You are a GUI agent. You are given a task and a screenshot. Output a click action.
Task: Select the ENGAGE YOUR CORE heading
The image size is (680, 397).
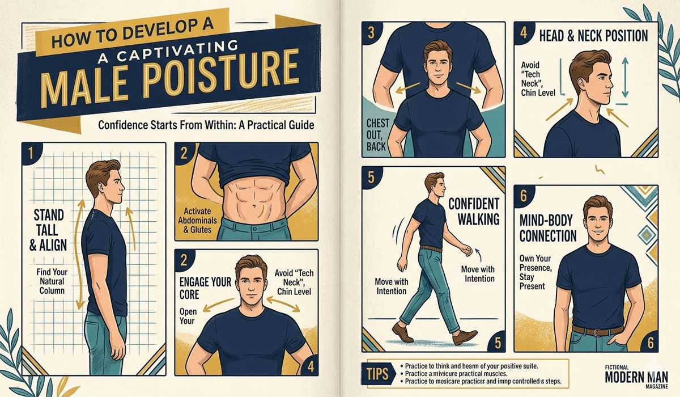point(199,289)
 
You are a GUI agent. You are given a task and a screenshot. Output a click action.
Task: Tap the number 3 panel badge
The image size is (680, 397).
point(371,33)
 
